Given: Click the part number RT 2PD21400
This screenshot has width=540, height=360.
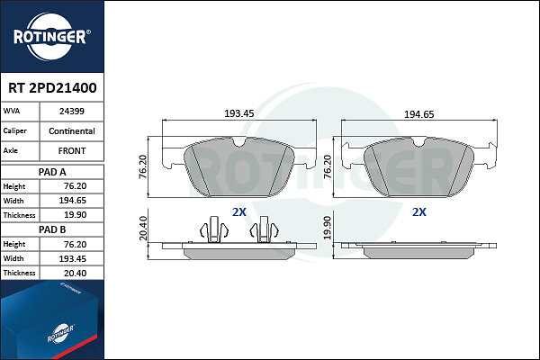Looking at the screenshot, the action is click(52, 88).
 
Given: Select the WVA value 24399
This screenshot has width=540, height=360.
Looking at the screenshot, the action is click(72, 112).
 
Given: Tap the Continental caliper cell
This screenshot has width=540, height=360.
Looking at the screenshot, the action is click(72, 131).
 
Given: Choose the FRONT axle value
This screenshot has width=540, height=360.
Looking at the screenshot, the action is click(72, 151).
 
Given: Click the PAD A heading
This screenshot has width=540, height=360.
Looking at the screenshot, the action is click(52, 172).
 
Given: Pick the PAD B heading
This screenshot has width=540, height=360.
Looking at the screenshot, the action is click(52, 229).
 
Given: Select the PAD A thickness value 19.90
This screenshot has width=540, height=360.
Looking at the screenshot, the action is click(75, 215).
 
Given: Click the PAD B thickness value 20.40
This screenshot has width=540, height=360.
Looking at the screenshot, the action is click(75, 274).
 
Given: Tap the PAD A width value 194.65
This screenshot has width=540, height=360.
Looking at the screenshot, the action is click(72, 201).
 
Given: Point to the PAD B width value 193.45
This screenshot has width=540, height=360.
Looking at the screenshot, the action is click(72, 258).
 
